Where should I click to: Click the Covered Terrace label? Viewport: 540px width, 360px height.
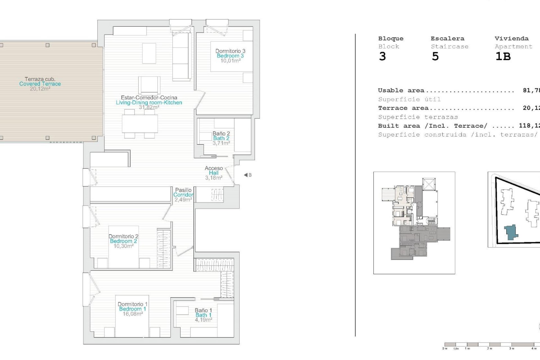click(40, 84)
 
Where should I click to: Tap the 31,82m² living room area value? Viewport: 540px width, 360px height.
click(149, 107)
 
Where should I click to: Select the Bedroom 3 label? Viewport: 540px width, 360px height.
click(230, 56)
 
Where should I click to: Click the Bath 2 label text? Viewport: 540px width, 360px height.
click(221, 138)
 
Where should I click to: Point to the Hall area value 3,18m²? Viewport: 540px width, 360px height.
click(214, 178)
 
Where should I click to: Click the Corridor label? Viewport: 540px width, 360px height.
click(183, 195)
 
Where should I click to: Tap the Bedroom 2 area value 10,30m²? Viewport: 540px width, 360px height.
click(123, 246)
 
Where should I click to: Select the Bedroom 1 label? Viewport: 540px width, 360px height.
click(132, 309)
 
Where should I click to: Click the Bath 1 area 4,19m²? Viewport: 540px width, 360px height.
click(203, 320)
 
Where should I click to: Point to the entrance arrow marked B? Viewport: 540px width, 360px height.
click(247, 175)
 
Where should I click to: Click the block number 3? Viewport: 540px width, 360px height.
click(382, 57)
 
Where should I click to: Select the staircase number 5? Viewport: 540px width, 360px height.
click(435, 57)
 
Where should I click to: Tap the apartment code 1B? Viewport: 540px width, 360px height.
click(503, 57)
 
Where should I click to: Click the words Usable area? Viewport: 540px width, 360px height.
click(401, 91)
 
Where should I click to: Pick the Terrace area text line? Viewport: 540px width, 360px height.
click(403, 108)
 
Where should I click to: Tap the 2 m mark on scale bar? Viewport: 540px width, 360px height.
click(490, 348)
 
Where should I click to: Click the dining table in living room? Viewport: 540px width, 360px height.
click(140, 124)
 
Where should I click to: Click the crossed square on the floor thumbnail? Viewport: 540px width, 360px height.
click(429, 184)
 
